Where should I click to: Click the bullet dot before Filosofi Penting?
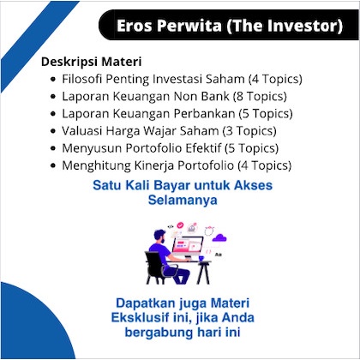tap(53, 79)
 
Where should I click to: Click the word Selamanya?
tap(180, 200)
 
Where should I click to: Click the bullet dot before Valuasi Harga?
tap(53, 129)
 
